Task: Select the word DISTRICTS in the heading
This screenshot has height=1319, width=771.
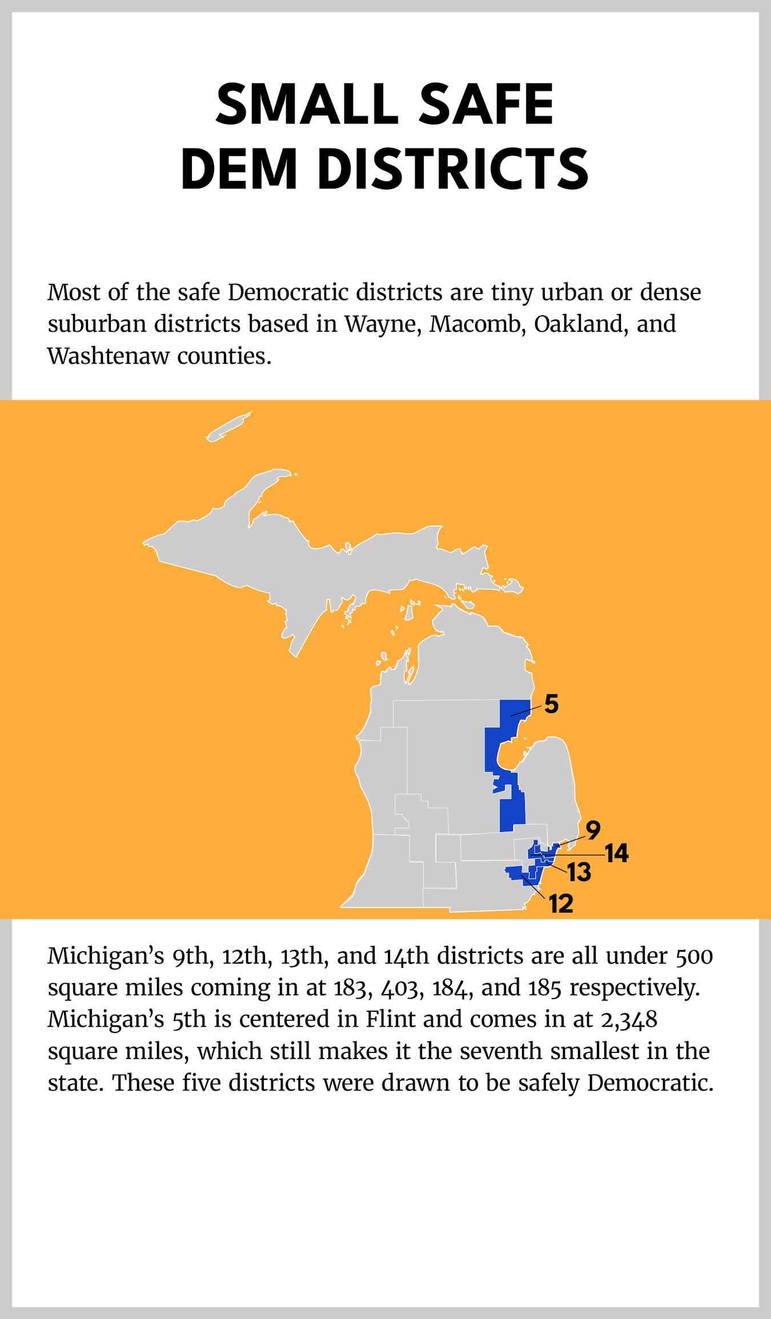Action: (x=453, y=169)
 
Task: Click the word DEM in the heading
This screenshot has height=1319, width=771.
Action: (x=239, y=169)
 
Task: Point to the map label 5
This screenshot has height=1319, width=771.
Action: (x=551, y=704)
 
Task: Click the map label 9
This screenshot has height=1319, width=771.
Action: (x=593, y=830)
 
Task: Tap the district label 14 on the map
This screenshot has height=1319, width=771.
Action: (x=617, y=854)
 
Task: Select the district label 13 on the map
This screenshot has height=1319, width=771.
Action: (x=579, y=872)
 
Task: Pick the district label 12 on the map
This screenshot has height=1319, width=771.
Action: (x=561, y=904)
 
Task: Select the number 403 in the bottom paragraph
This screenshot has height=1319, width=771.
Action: (x=402, y=988)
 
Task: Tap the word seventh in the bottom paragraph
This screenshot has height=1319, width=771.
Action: (x=501, y=1051)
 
